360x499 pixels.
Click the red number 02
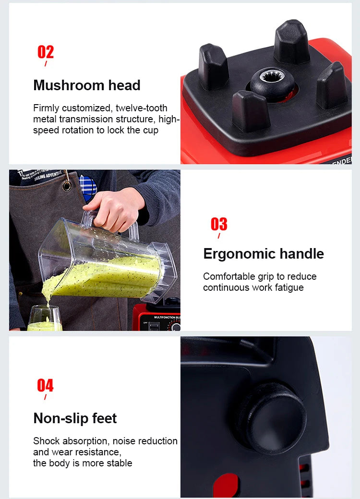point(46,52)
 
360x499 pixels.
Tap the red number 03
point(219,224)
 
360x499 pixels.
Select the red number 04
point(45,385)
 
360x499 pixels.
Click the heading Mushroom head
point(87,85)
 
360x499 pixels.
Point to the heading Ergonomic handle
point(264,254)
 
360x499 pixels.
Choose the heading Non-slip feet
point(75,418)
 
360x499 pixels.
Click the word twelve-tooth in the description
point(142,108)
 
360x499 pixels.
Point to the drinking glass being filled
point(44,319)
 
